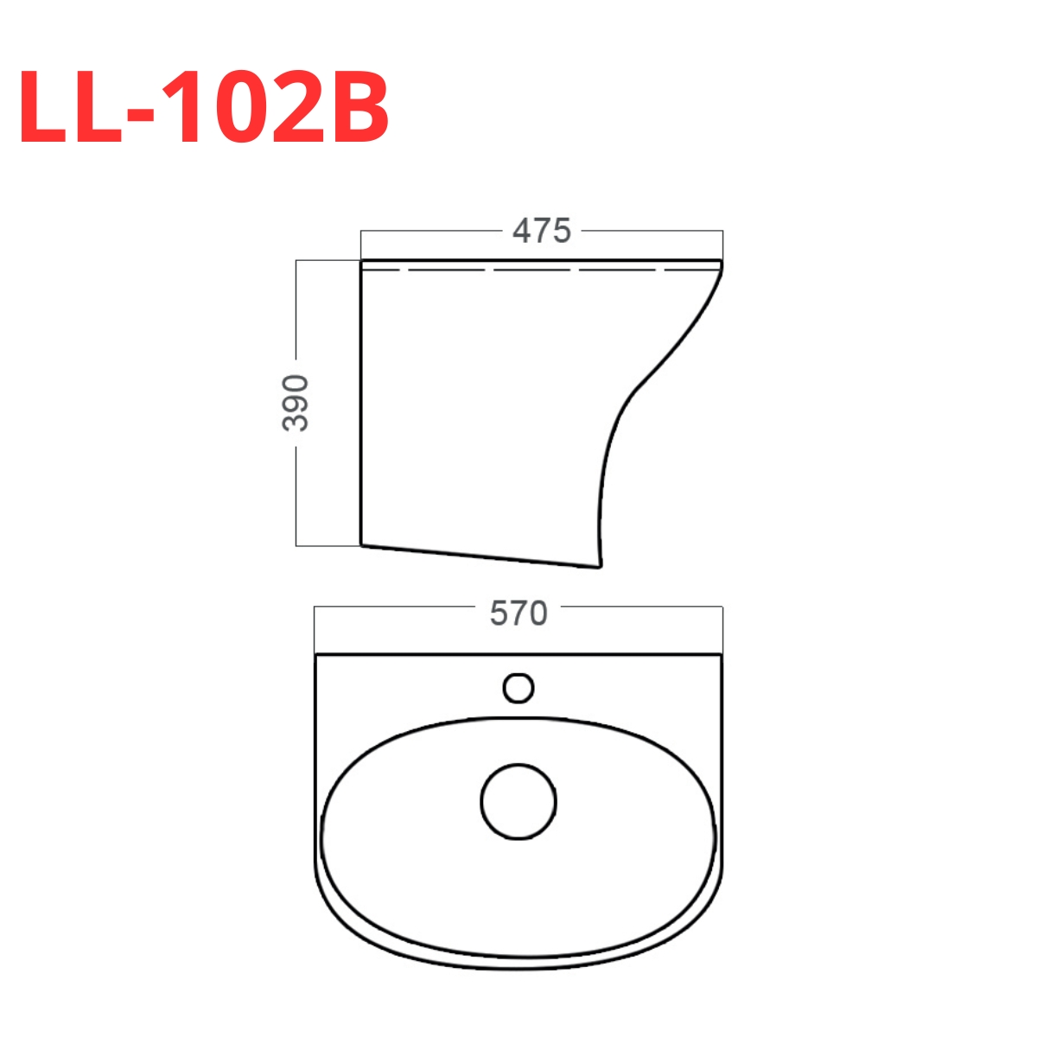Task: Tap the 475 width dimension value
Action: pos(542,231)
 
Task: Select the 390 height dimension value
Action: pos(296,403)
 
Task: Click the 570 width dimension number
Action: pos(518,614)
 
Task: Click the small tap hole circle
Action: pos(518,688)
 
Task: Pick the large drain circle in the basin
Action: pos(518,801)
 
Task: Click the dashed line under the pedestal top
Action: pos(536,270)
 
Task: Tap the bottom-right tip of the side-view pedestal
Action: pos(598,567)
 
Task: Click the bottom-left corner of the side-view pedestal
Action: pos(361,544)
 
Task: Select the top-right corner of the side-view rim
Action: pos(722,259)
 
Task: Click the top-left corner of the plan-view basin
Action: pos(316,655)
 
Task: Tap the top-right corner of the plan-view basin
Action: pos(722,655)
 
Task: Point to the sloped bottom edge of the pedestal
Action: pos(480,556)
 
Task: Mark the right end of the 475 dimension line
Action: pos(722,232)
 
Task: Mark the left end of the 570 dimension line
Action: pos(315,607)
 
